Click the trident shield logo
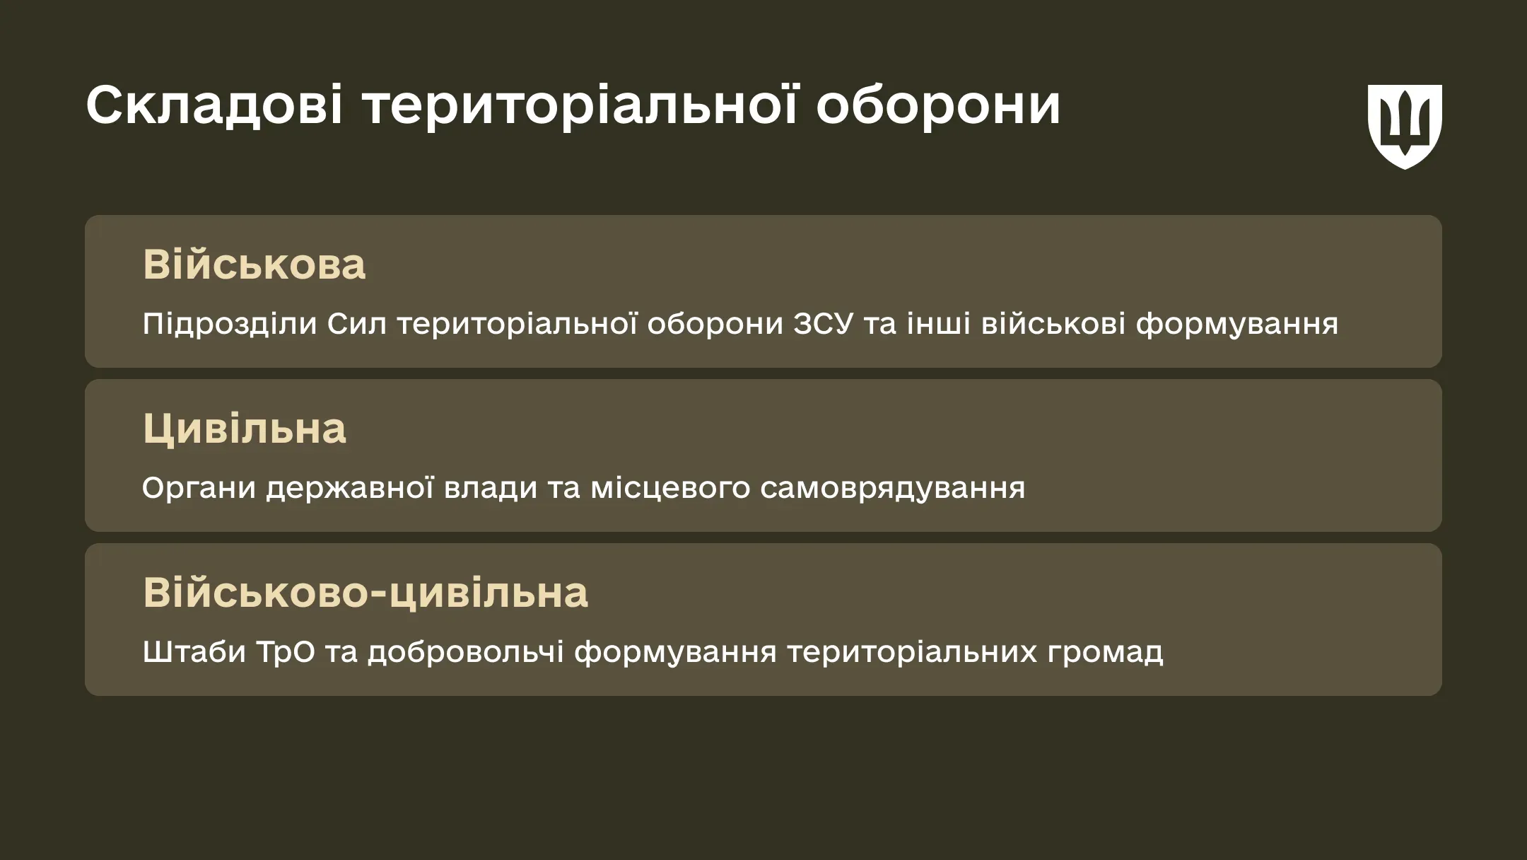(1405, 127)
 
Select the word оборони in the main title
(939, 106)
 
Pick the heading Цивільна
(245, 429)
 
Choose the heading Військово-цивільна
(365, 592)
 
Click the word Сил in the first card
(356, 324)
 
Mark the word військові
(1053, 324)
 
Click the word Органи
(199, 488)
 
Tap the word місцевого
(670, 488)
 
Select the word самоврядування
(893, 488)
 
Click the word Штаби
(194, 652)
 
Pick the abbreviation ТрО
(286, 652)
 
